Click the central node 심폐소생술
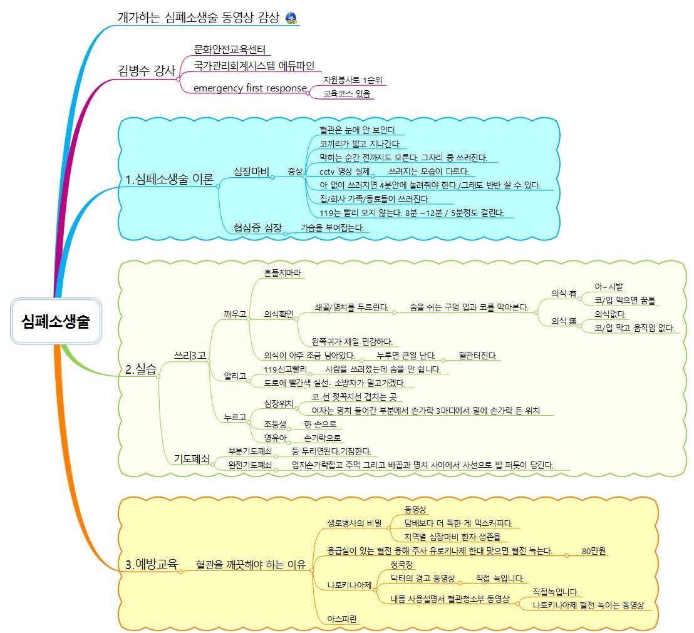[x=55, y=322]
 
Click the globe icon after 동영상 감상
[x=291, y=18]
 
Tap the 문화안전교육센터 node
[x=230, y=49]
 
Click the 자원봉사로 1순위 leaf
[x=353, y=80]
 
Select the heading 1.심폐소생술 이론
[x=169, y=180]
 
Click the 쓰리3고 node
[x=190, y=355]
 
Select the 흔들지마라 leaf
[x=284, y=273]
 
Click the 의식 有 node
[x=564, y=292]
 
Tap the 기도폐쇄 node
[x=192, y=459]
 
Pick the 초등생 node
[x=275, y=424]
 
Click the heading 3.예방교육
[x=152, y=564]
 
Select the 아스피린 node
[x=342, y=619]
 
